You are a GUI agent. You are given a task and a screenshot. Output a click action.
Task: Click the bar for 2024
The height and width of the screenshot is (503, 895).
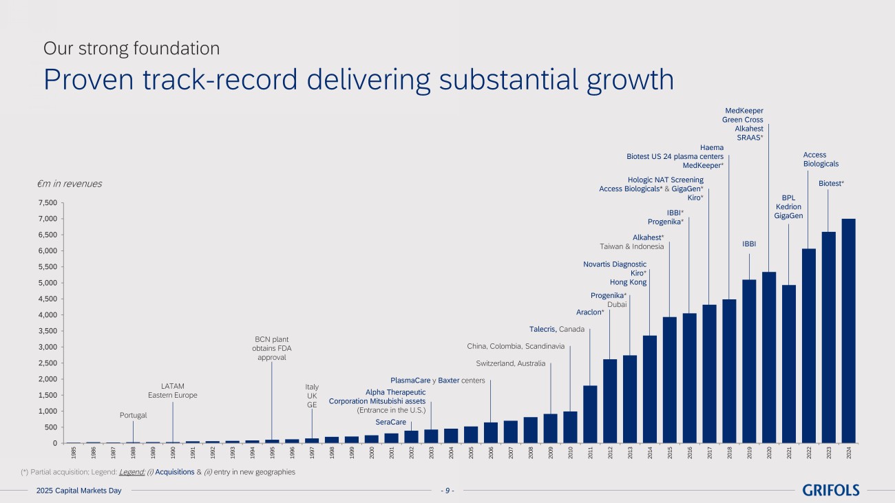[848, 331]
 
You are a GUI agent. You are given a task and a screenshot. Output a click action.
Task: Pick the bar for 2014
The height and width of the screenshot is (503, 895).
[649, 389]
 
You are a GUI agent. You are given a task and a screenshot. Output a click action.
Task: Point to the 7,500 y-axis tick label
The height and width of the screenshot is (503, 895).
[48, 203]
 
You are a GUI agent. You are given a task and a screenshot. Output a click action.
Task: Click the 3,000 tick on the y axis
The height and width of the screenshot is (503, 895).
[48, 347]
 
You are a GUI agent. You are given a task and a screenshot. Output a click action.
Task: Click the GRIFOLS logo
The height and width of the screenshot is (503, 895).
[831, 490]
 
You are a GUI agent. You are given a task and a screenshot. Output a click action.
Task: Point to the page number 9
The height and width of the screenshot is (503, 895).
[447, 491]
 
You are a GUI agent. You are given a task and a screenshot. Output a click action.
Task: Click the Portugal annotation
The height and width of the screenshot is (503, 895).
[134, 415]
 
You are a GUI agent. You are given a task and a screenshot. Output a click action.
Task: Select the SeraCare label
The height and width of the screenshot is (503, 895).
[390, 422]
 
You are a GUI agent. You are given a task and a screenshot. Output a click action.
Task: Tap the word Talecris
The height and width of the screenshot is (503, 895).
[543, 329]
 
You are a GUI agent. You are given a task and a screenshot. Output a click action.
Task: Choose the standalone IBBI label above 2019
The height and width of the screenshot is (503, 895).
[749, 244]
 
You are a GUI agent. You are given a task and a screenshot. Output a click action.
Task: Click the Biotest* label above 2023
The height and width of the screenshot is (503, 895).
[831, 184]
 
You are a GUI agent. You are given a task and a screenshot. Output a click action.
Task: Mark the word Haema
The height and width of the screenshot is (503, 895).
[712, 147]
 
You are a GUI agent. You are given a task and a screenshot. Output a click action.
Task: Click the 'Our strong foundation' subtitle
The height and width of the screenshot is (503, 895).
[131, 49]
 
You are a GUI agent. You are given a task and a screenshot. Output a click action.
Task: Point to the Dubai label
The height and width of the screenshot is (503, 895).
[617, 304]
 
